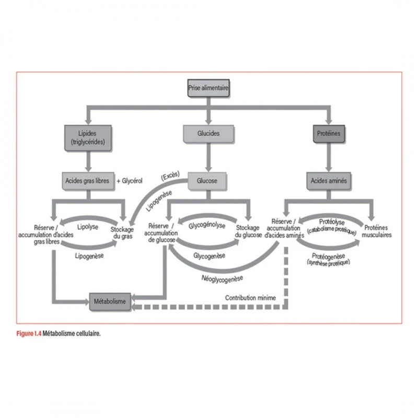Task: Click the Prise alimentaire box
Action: pyautogui.click(x=208, y=89)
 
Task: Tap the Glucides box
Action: pyautogui.click(x=208, y=133)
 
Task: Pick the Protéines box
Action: pyautogui.click(x=328, y=133)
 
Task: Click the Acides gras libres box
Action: pyautogui.click(x=88, y=181)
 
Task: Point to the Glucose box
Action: pyautogui.click(x=207, y=181)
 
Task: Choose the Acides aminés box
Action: pyautogui.click(x=328, y=181)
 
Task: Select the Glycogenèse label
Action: pyautogui.click(x=209, y=256)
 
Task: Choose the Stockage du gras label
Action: pyautogui.click(x=122, y=232)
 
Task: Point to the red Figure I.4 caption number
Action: pyautogui.click(x=28, y=332)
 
